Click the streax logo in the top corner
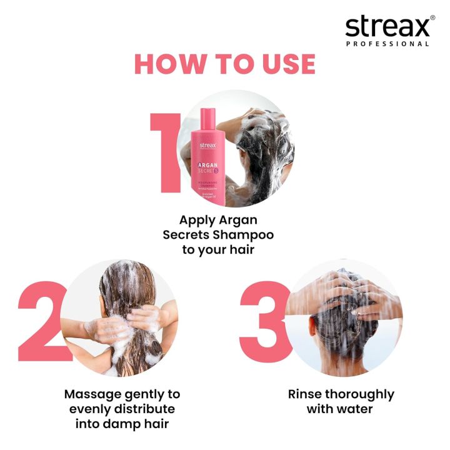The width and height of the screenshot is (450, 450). pyautogui.click(x=387, y=27)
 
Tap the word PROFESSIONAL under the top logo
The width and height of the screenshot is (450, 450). pyautogui.click(x=387, y=44)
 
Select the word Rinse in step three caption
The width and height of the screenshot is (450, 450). pyautogui.click(x=305, y=394)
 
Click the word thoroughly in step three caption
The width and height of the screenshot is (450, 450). pyautogui.click(x=360, y=394)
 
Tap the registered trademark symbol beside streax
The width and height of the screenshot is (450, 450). pyautogui.click(x=432, y=18)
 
